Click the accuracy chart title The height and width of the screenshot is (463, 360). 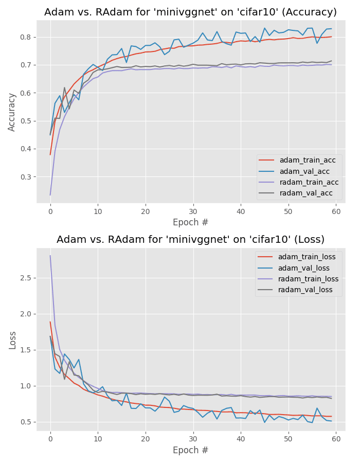tap(190, 12)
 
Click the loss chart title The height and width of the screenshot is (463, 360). tap(190, 240)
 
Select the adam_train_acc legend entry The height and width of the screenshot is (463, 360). tap(307, 160)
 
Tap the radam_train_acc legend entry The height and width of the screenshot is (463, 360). tap(309, 182)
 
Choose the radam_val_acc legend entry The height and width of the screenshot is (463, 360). tap(306, 193)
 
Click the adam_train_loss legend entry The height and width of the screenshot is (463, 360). tap(307, 257)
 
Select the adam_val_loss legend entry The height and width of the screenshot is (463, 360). tap(304, 268)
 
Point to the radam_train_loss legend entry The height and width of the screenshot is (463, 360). tap(308, 279)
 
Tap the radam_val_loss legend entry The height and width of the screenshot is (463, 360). tap(305, 290)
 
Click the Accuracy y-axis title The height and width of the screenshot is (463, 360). tap(12, 112)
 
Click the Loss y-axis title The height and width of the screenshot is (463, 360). tap(12, 340)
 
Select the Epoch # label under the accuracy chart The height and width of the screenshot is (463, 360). tap(190, 223)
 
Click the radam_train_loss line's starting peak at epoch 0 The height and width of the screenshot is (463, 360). tap(50, 256)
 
